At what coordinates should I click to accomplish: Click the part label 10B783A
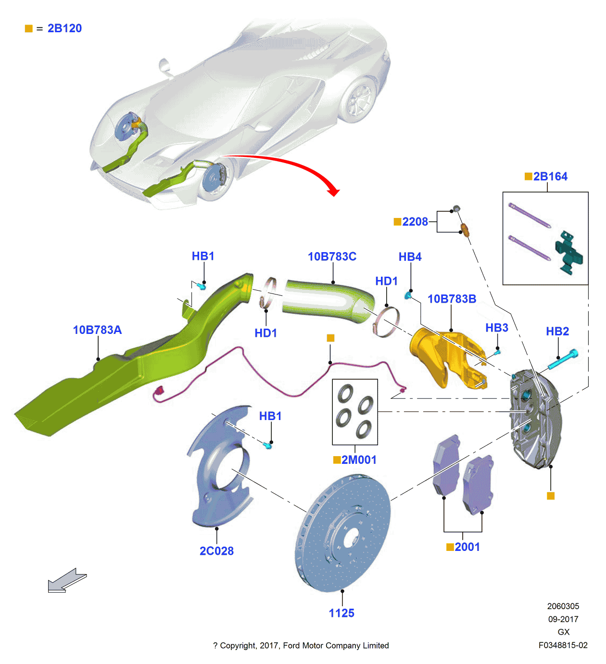97,330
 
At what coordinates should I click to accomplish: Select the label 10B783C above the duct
332,257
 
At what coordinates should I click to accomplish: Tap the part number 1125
341,613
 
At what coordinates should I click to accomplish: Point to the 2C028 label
216,551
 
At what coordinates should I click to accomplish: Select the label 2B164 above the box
550,177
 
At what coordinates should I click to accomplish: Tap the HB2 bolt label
557,332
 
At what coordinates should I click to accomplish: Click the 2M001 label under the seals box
358,460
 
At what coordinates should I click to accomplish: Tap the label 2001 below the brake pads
467,547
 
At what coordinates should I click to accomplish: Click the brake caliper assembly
534,419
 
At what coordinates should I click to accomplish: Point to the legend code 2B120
64,28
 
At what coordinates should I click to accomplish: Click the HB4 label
410,257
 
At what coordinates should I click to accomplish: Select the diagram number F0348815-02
563,646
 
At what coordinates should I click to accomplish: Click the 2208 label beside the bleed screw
415,222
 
